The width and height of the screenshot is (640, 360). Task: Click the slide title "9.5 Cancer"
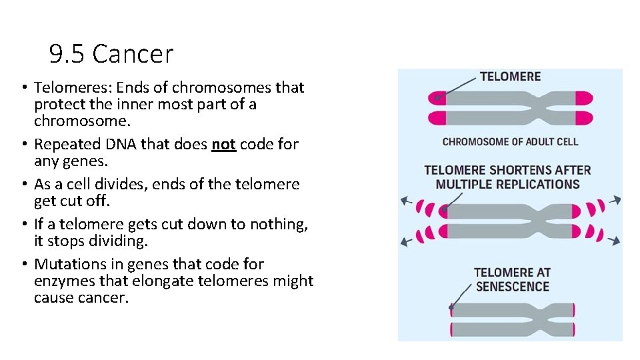(x=111, y=54)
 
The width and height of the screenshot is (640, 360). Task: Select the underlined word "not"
(x=223, y=145)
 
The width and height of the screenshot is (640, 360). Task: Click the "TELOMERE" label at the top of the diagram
(x=510, y=77)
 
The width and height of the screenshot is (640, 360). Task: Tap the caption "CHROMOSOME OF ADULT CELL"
(x=510, y=141)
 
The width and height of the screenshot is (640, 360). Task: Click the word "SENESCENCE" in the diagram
(x=512, y=287)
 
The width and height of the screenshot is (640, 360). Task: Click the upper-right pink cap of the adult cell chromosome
(x=583, y=99)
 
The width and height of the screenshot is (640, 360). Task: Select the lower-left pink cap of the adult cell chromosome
(x=437, y=119)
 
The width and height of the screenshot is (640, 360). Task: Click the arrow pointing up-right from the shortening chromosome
(x=617, y=199)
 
